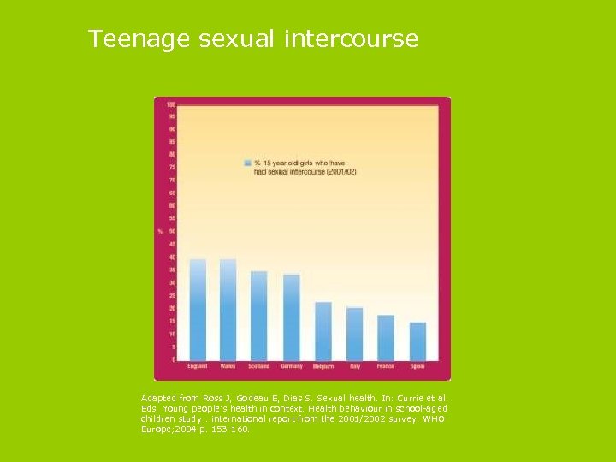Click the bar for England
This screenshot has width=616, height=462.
198,309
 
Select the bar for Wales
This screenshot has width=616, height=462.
228,309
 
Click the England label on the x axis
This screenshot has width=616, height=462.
198,366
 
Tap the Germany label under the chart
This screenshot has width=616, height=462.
292,366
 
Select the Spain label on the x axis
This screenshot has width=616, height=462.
418,366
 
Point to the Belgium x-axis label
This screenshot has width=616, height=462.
323,366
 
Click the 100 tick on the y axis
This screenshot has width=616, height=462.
171,104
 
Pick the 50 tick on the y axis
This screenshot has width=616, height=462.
172,231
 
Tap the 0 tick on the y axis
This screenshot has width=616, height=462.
174,359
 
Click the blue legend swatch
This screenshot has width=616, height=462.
247,162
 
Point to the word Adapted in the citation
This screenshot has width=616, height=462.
160,398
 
